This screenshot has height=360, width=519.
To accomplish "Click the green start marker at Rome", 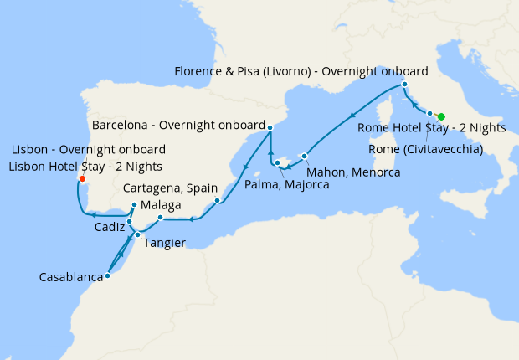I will tap(441, 116).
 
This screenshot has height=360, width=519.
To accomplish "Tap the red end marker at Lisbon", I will tap(81, 178).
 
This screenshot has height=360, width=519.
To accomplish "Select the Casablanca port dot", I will tap(107, 275).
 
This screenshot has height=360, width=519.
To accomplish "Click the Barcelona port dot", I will tap(270, 126).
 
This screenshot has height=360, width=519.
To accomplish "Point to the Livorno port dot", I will tap(403, 85).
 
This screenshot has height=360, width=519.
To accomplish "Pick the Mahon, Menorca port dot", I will tap(305, 156).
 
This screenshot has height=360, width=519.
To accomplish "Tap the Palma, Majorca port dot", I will tap(277, 162).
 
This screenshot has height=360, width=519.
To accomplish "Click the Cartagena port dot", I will tap(217, 201).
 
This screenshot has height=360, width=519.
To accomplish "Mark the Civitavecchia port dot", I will tap(429, 113).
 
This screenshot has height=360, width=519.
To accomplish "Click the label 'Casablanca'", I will tap(72, 276).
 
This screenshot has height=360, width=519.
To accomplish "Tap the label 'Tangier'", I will tap(164, 243).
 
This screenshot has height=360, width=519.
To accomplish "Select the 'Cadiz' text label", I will tap(110, 228).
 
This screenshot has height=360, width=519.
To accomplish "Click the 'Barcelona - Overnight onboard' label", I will tap(178, 126).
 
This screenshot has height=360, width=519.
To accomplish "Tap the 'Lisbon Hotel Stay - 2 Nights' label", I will tap(87, 166).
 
